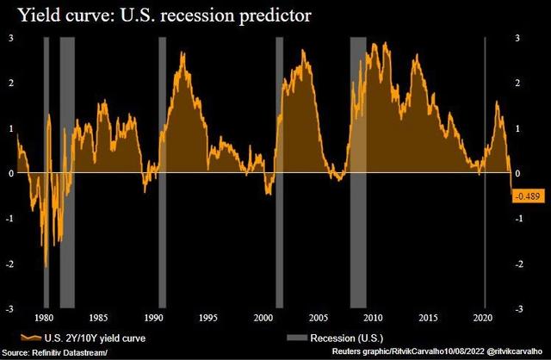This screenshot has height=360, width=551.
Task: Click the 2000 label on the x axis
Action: pyautogui.click(x=263, y=316)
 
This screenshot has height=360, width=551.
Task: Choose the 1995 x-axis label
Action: pyautogui.click(x=208, y=316)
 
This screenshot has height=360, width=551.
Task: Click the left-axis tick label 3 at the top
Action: pyautogui.click(x=10, y=38)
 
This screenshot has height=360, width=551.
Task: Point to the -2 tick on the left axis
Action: pyautogui.click(x=9, y=264)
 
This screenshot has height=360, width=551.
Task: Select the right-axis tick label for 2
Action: pyautogui.click(x=518, y=83)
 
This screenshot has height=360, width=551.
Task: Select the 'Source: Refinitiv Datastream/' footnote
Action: pyautogui.click(x=55, y=352)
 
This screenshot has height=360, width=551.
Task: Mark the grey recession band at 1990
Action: pyautogui.click(x=162, y=172)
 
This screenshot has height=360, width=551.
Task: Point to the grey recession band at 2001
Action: pyautogui.click(x=279, y=172)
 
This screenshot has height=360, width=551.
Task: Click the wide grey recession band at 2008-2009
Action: pyautogui.click(x=358, y=172)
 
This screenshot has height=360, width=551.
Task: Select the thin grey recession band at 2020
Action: pyautogui.click(x=486, y=172)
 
